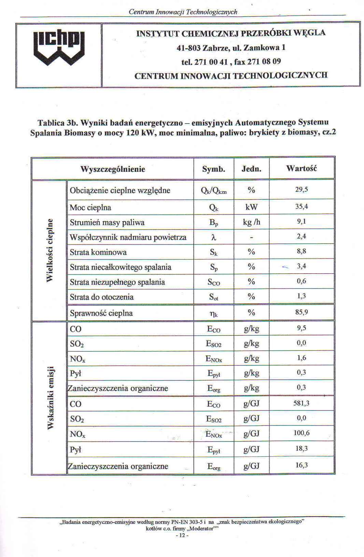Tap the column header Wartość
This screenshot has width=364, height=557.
302,168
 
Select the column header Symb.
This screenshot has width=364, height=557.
214,169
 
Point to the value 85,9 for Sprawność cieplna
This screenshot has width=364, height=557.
302,312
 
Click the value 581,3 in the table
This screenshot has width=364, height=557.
302,403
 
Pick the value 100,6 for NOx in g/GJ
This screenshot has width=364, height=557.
302,433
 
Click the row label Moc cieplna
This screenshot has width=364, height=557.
90,208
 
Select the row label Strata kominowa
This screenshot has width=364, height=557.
98,252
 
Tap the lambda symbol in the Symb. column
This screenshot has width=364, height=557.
214,237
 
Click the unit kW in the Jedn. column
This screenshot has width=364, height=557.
251,207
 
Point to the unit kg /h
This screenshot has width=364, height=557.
251,222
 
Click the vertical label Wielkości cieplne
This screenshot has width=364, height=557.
50,250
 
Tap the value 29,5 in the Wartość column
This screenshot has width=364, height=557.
302,190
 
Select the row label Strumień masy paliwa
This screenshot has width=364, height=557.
107,223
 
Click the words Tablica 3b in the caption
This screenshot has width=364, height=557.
56,123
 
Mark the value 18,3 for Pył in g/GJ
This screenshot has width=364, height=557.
302,448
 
